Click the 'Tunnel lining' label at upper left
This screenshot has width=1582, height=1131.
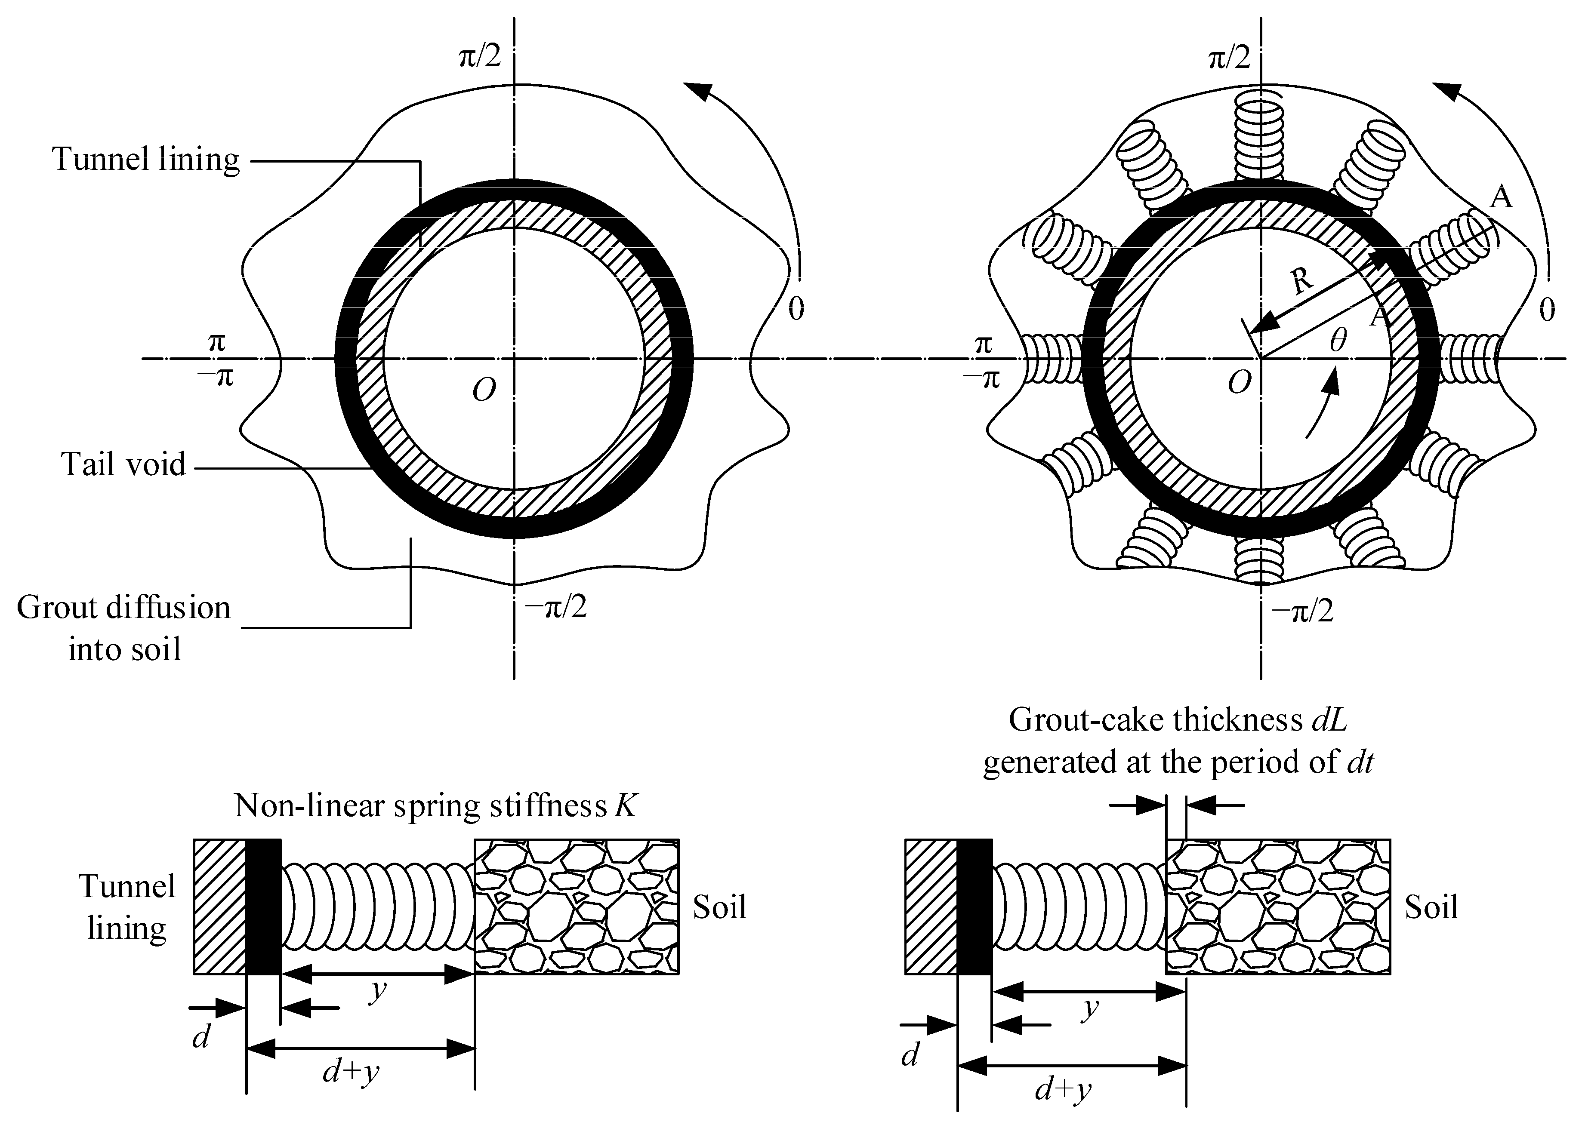(145, 160)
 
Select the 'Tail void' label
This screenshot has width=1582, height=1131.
(124, 464)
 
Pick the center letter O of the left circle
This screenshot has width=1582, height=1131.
(484, 391)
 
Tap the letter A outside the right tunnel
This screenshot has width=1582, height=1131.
(1502, 198)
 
